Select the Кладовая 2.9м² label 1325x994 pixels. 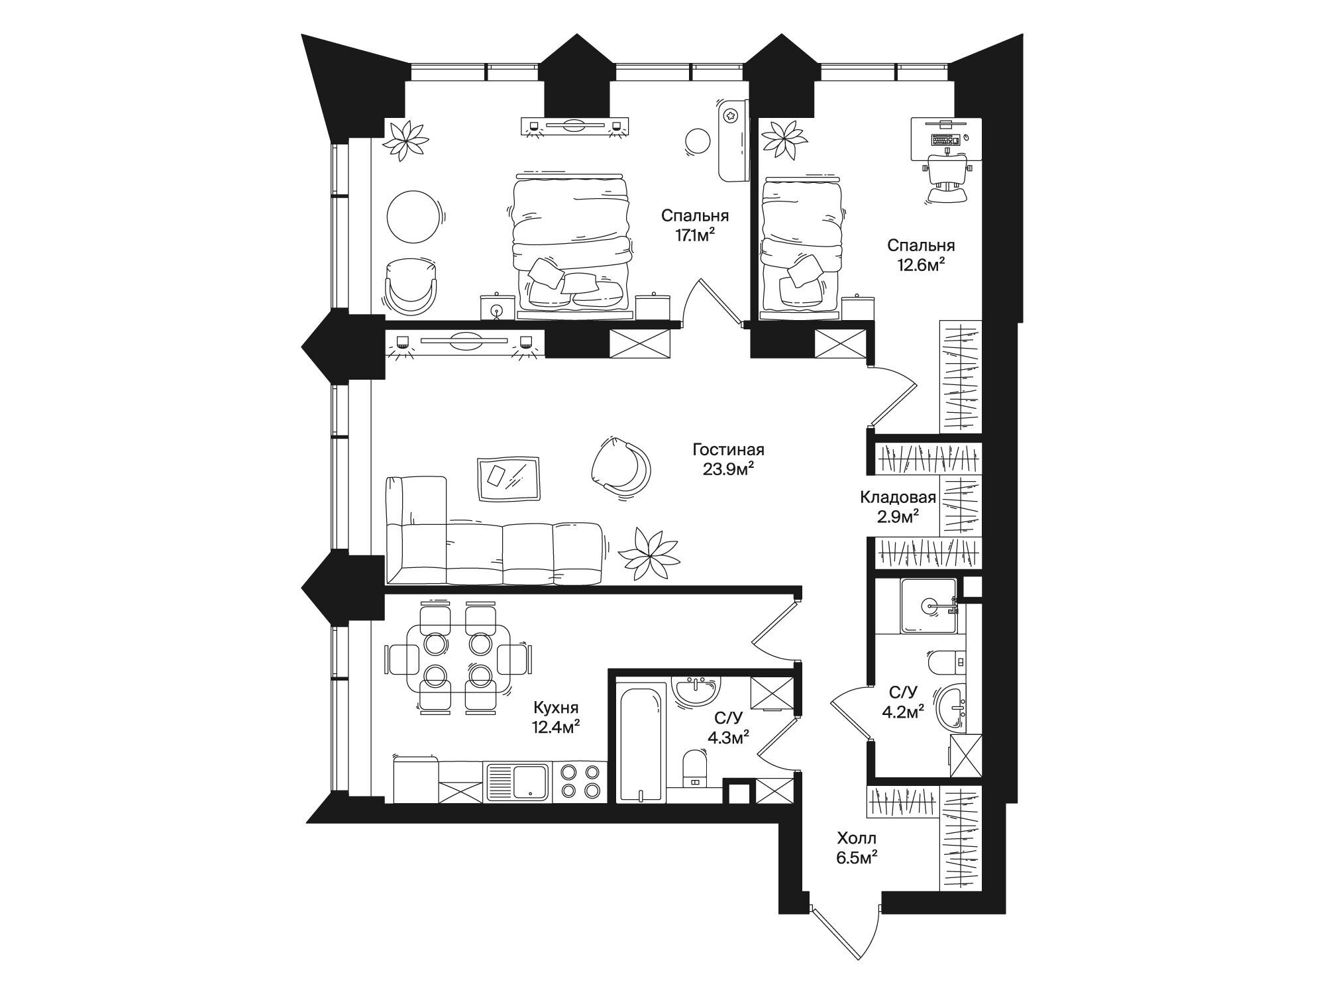pyautogui.click(x=898, y=507)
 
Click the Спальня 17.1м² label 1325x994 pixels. pyautogui.click(x=695, y=225)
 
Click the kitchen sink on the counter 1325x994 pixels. pyautogui.click(x=517, y=781)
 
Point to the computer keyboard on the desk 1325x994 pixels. pyautogui.click(x=945, y=140)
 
